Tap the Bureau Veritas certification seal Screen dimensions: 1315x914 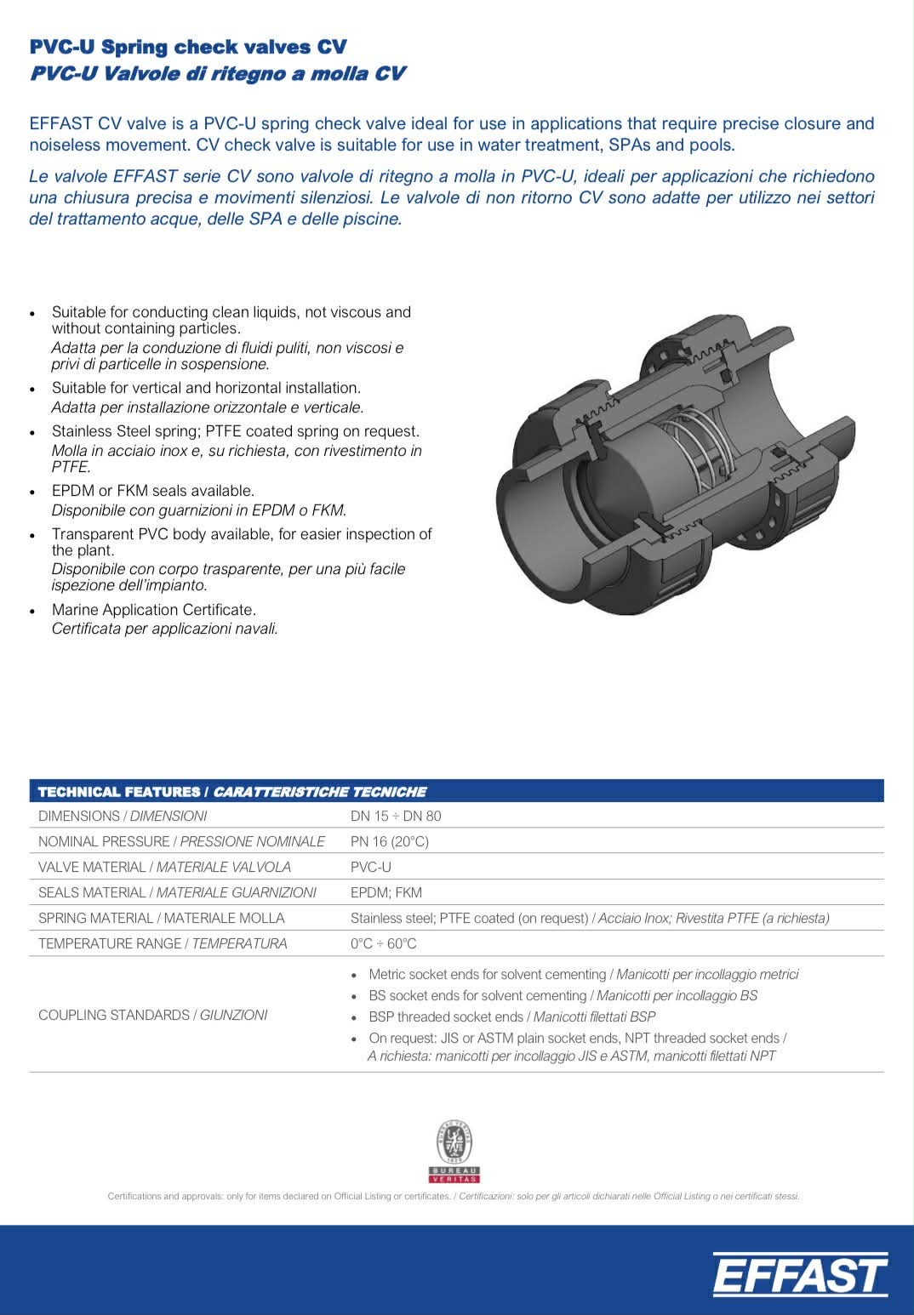point(454,1151)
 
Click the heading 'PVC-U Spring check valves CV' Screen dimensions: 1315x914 point(188,47)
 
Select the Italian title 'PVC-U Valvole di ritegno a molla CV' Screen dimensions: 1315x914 point(217,74)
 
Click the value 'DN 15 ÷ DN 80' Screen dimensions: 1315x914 point(396,816)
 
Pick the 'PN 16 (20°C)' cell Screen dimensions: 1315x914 point(390,841)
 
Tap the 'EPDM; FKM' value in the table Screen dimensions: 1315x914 point(386,892)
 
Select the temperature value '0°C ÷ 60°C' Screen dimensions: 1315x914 point(384,943)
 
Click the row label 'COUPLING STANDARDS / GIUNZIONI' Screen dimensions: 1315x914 point(153,1015)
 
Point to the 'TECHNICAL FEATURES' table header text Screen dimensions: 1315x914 point(118,792)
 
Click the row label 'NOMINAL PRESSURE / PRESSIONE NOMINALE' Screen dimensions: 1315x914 point(181,841)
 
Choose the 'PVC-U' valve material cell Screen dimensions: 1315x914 point(371,867)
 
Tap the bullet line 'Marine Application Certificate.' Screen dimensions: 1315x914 point(154,610)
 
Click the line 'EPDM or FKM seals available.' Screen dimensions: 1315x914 point(153,491)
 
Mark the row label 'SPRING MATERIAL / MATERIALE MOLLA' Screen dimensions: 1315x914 point(162,918)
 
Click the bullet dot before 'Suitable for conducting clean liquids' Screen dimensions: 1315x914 point(32,314)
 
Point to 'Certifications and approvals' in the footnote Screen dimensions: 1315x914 point(162,1196)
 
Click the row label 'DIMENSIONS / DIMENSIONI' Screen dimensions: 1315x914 point(123,816)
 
